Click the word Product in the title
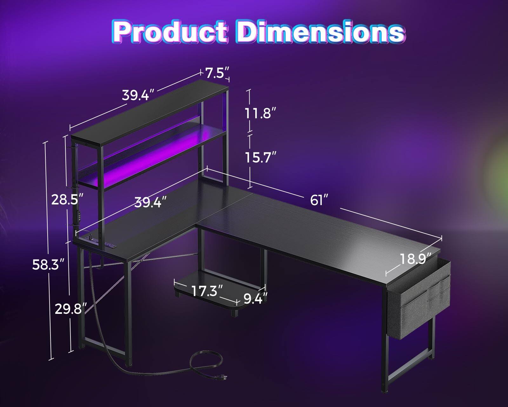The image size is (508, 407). coord(170,32)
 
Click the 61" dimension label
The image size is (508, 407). coord(318,200)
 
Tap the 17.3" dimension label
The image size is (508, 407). coord(207,291)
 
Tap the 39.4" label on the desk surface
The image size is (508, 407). coord(150,202)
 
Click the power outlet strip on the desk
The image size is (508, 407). coord(110,245)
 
